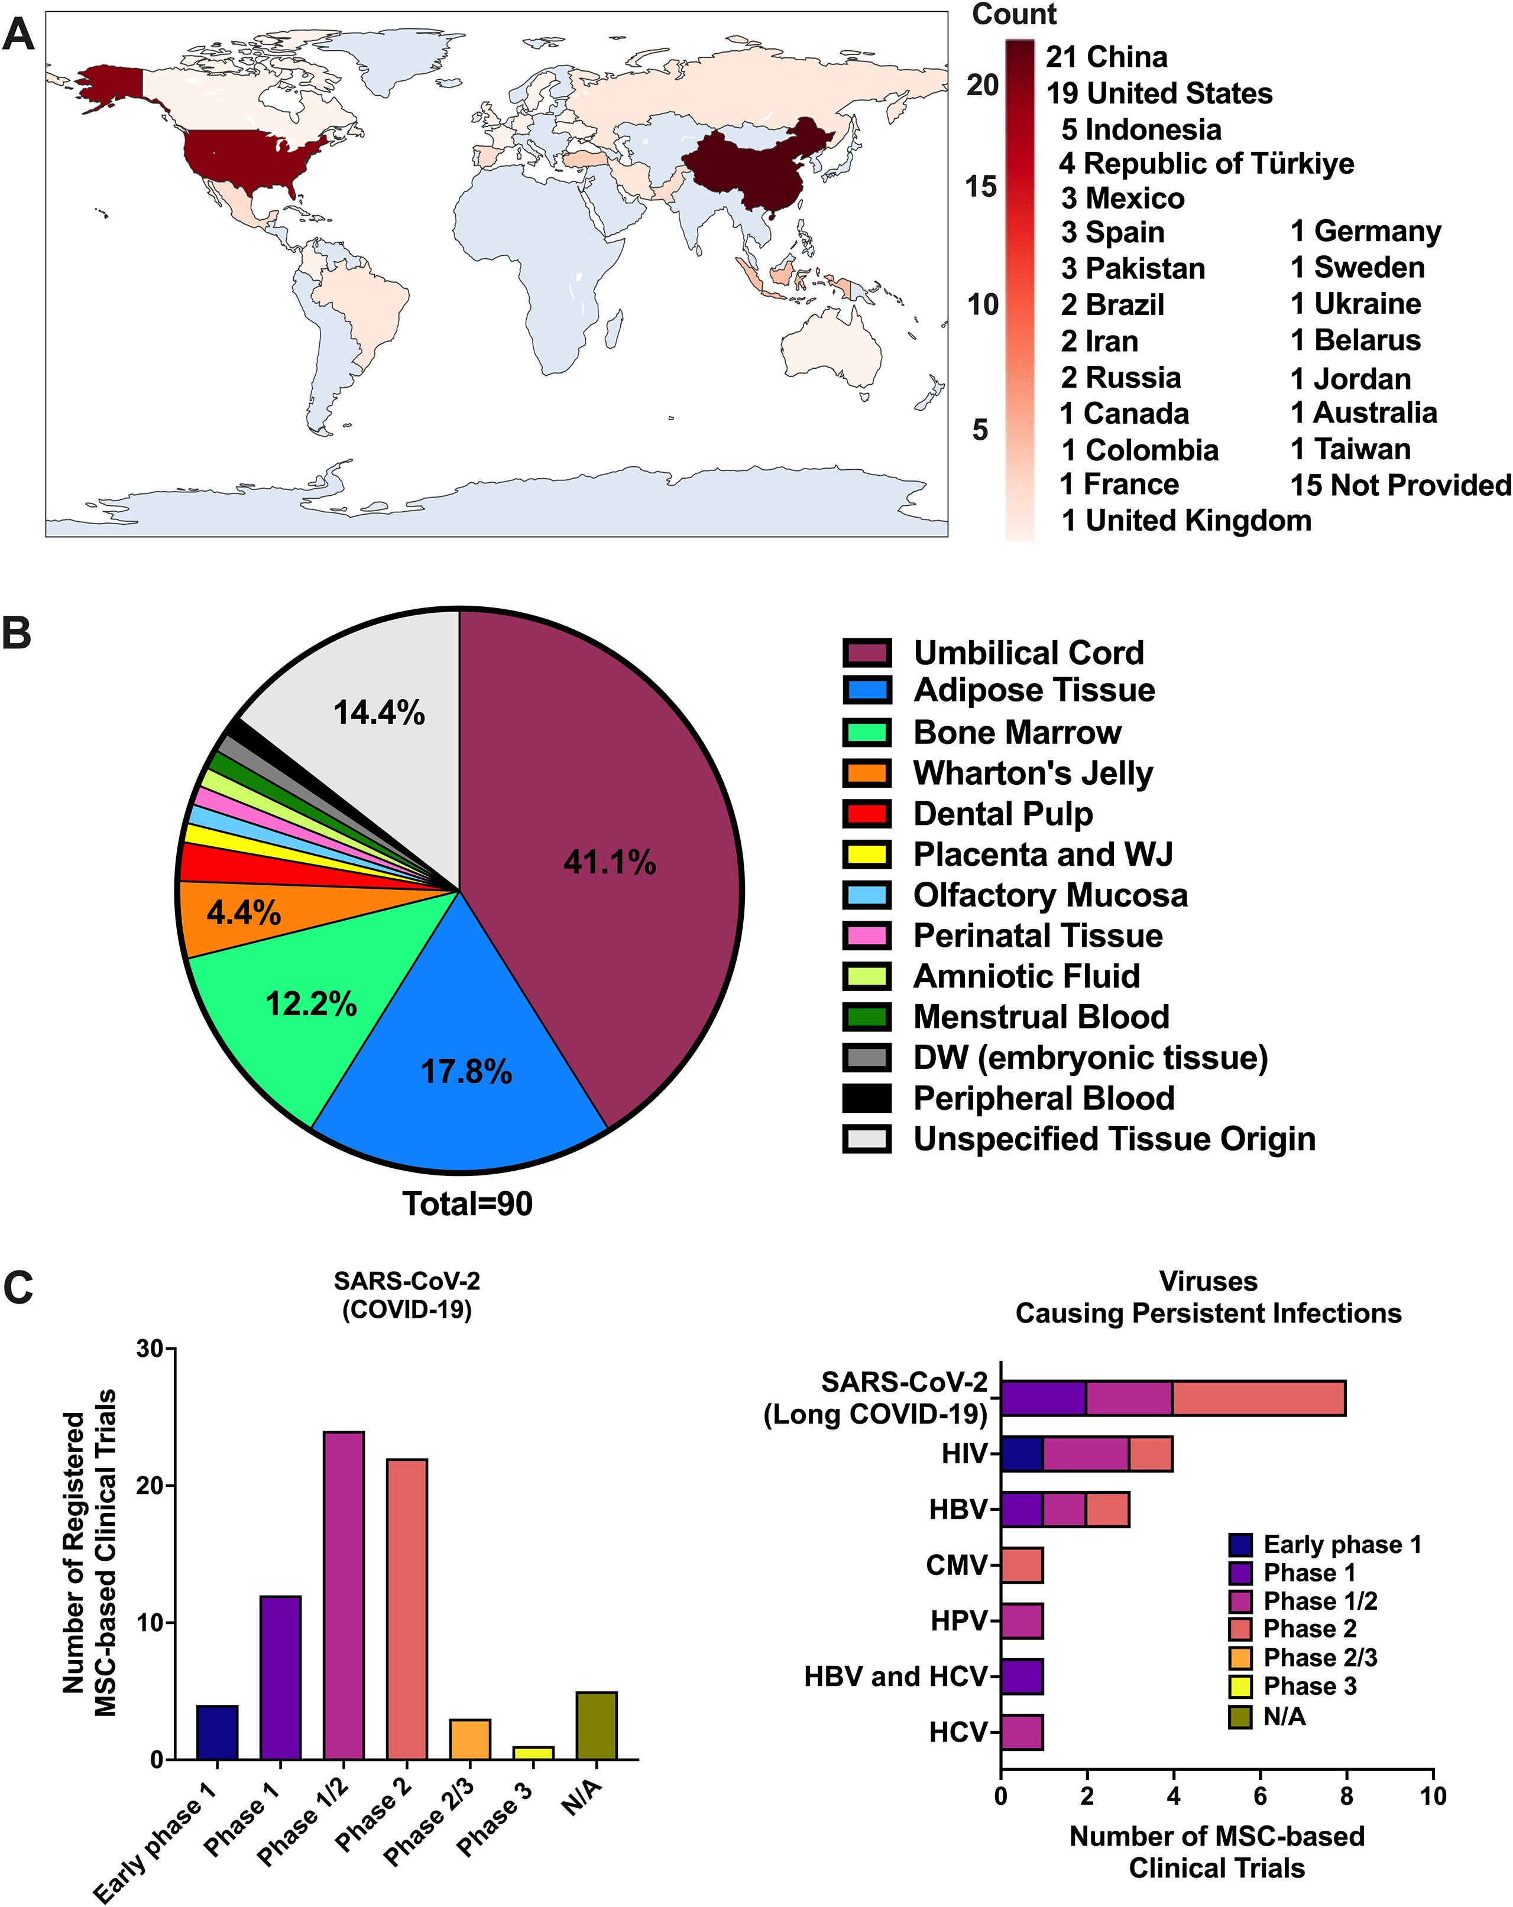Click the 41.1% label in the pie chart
[610, 862]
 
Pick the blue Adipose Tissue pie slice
[460, 1052]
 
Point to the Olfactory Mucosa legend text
[1050, 895]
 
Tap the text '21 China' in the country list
[1106, 57]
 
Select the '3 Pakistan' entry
[1133, 269]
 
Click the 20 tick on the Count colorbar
[982, 86]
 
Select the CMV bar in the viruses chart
[1022, 1565]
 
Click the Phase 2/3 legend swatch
[1240, 1658]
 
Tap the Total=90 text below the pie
[467, 1204]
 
